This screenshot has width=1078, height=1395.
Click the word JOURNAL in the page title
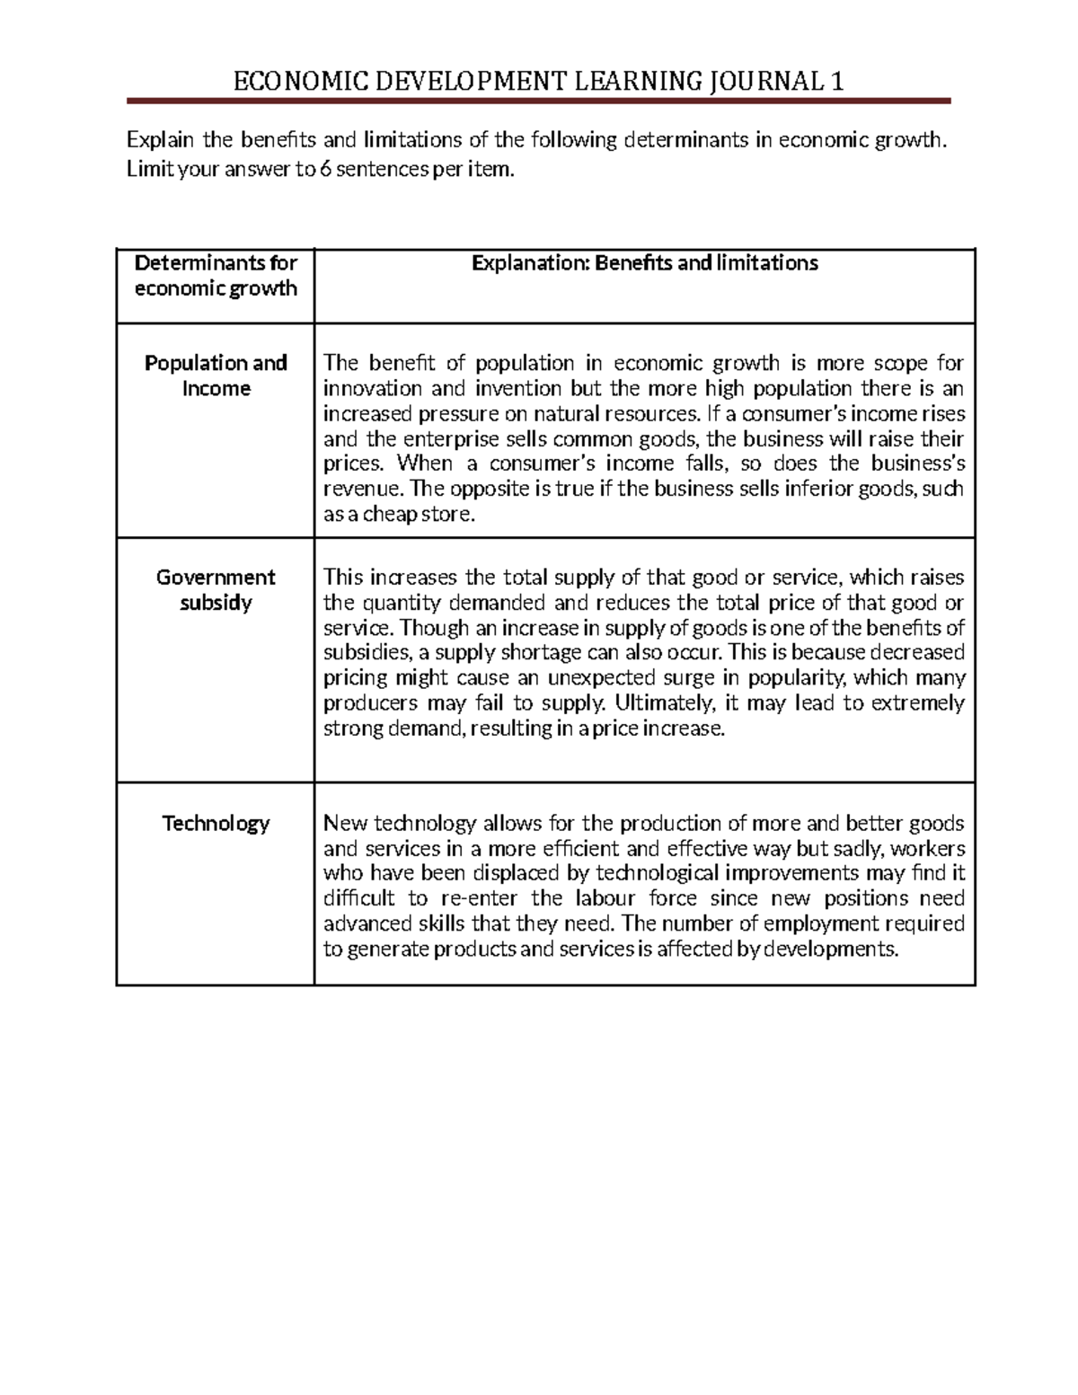(x=762, y=83)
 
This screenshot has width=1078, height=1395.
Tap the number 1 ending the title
(x=837, y=83)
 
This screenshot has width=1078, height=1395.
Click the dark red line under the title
(x=539, y=101)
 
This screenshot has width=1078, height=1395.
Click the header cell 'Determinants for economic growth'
(x=216, y=276)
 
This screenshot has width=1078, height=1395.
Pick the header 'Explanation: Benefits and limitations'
(x=644, y=263)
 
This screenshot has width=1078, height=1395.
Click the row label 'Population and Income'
(x=216, y=375)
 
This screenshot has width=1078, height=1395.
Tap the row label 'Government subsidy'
(x=216, y=589)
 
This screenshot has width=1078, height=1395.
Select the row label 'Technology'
(x=216, y=823)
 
